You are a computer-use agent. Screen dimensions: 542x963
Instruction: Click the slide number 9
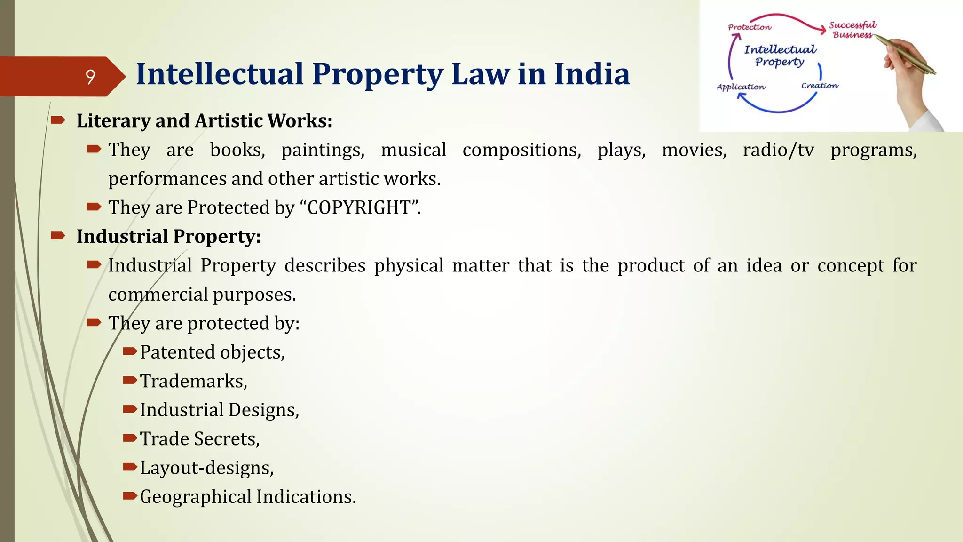pos(90,77)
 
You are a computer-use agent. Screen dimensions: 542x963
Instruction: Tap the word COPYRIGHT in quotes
pos(360,207)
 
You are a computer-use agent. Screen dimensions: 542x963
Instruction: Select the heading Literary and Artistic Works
pos(204,121)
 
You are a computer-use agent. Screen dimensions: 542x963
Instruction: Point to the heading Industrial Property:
pos(168,237)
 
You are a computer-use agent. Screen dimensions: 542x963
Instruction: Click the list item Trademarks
pos(193,381)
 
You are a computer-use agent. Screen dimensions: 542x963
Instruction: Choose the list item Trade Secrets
pos(199,439)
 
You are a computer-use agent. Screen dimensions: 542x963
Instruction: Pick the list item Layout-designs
pos(206,468)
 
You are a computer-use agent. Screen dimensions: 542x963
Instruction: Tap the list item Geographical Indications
pos(248,497)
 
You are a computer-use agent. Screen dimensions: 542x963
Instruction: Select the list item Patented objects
pos(212,352)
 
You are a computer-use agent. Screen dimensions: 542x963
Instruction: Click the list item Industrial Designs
pos(219,410)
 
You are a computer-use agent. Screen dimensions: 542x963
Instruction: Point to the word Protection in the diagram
pos(750,27)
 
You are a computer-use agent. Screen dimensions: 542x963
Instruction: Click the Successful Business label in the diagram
pos(852,30)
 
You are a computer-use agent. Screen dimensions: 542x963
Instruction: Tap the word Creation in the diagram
pos(820,86)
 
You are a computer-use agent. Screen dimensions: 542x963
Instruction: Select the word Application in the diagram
pos(741,87)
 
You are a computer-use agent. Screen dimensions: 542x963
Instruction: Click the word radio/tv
pos(778,150)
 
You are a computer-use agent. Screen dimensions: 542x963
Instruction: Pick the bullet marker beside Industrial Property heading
pos(58,236)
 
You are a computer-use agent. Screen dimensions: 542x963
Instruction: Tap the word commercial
pos(158,295)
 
